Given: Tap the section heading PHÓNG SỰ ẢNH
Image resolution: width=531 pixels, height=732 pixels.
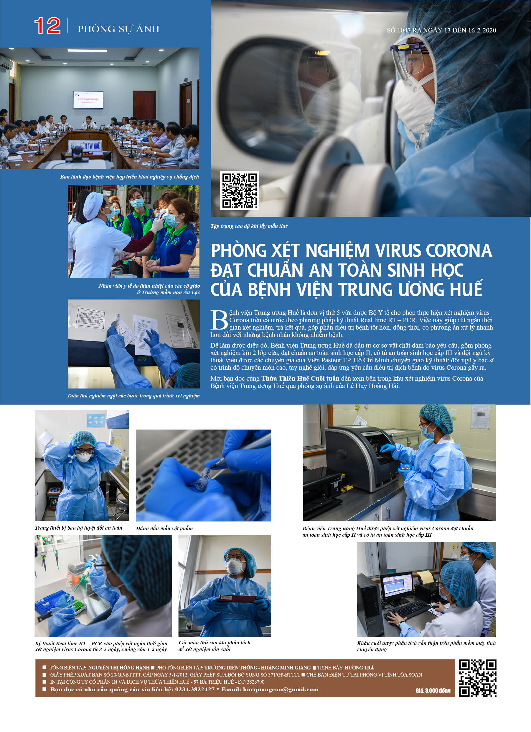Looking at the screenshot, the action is pyautogui.click(x=118, y=29).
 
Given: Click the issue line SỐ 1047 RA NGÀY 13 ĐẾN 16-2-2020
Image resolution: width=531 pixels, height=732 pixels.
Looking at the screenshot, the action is pyautogui.click(x=441, y=30).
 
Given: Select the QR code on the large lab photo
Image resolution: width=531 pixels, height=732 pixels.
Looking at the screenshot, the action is pyautogui.click(x=239, y=190).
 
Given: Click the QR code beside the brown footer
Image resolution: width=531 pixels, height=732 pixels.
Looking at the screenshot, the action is pyautogui.click(x=477, y=678).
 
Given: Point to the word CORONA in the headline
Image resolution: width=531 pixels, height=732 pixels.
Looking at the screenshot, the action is pyautogui.click(x=459, y=251).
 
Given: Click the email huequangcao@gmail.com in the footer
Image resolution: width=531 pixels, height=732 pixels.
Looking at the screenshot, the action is pyautogui.click(x=281, y=690).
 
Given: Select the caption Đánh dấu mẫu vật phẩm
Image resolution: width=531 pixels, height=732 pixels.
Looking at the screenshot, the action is pyautogui.click(x=164, y=528).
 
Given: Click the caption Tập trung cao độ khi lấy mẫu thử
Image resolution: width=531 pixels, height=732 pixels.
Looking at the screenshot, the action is pyautogui.click(x=249, y=226).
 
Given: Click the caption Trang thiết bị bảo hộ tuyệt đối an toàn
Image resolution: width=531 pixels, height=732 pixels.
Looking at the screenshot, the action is pyautogui.click(x=79, y=528).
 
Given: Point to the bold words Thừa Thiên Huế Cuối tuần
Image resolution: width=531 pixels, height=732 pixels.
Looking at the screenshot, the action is pyautogui.click(x=300, y=378).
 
